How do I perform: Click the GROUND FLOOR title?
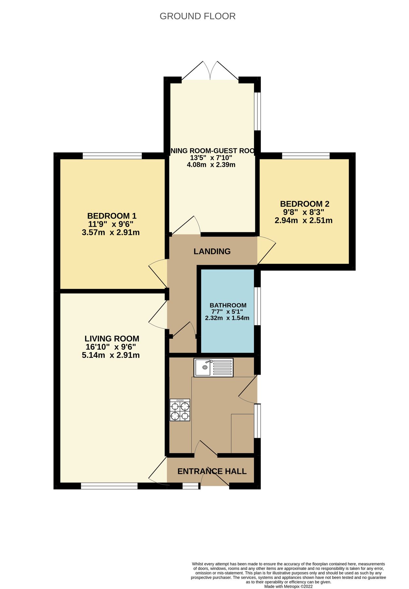[x=197, y=16]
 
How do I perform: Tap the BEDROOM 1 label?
[x=111, y=216]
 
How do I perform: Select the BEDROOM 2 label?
[x=304, y=204]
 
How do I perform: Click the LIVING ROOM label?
[x=111, y=339]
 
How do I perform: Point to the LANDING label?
[x=212, y=251]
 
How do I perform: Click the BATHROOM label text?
[x=228, y=305]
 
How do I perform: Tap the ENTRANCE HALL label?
[x=212, y=471]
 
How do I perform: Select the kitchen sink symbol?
[x=213, y=367]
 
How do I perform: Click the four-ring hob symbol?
[x=179, y=410]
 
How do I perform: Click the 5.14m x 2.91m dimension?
[x=111, y=355]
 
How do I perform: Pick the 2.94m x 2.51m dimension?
[x=303, y=221]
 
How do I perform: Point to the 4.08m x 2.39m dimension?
[x=211, y=165]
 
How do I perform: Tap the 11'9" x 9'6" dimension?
[x=111, y=224]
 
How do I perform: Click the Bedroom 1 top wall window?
[x=112, y=156]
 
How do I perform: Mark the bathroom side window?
[x=258, y=306]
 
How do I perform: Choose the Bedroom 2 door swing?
[x=266, y=250]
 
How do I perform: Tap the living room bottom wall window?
[x=109, y=487]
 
